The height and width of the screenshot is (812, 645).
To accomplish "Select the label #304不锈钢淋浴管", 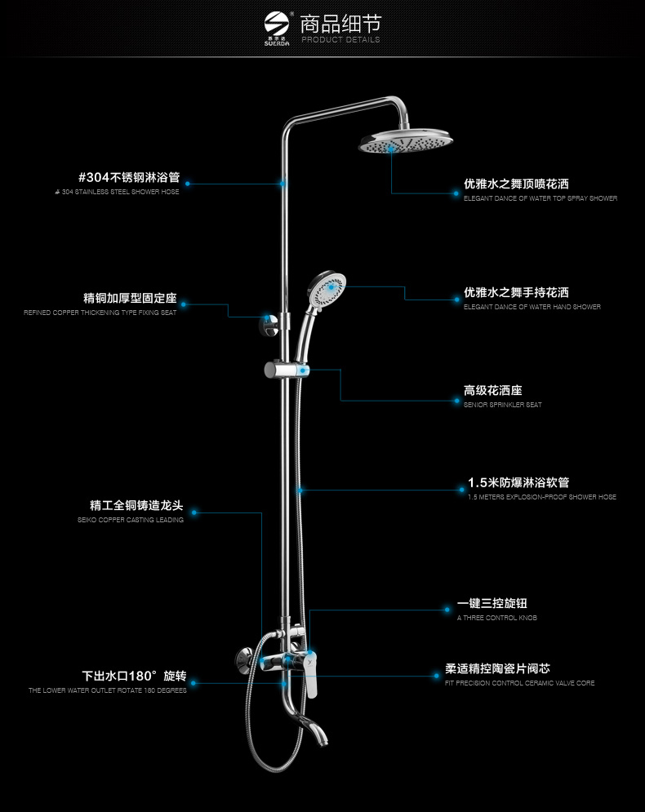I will pos(128,177).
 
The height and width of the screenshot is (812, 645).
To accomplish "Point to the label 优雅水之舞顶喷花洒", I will pos(516,184).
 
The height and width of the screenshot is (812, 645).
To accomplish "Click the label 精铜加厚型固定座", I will pos(130,298).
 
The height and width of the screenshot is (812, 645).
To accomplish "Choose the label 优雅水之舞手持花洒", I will pos(516,292).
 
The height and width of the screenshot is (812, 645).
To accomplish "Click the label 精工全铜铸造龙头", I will pos(136,505).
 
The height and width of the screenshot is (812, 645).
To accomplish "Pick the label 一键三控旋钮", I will pos(492,603).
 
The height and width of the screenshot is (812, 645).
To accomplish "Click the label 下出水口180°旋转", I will pos(134,676).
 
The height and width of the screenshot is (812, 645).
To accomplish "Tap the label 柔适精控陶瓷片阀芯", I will pos(503,668).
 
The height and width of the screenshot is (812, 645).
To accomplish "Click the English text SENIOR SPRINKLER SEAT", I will pos(502,405).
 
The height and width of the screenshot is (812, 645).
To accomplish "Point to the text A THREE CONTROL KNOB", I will pos(497,618).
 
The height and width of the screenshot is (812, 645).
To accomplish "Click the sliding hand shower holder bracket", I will pos(287,371).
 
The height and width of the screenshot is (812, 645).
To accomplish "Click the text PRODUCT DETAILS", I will pos(340,39).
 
